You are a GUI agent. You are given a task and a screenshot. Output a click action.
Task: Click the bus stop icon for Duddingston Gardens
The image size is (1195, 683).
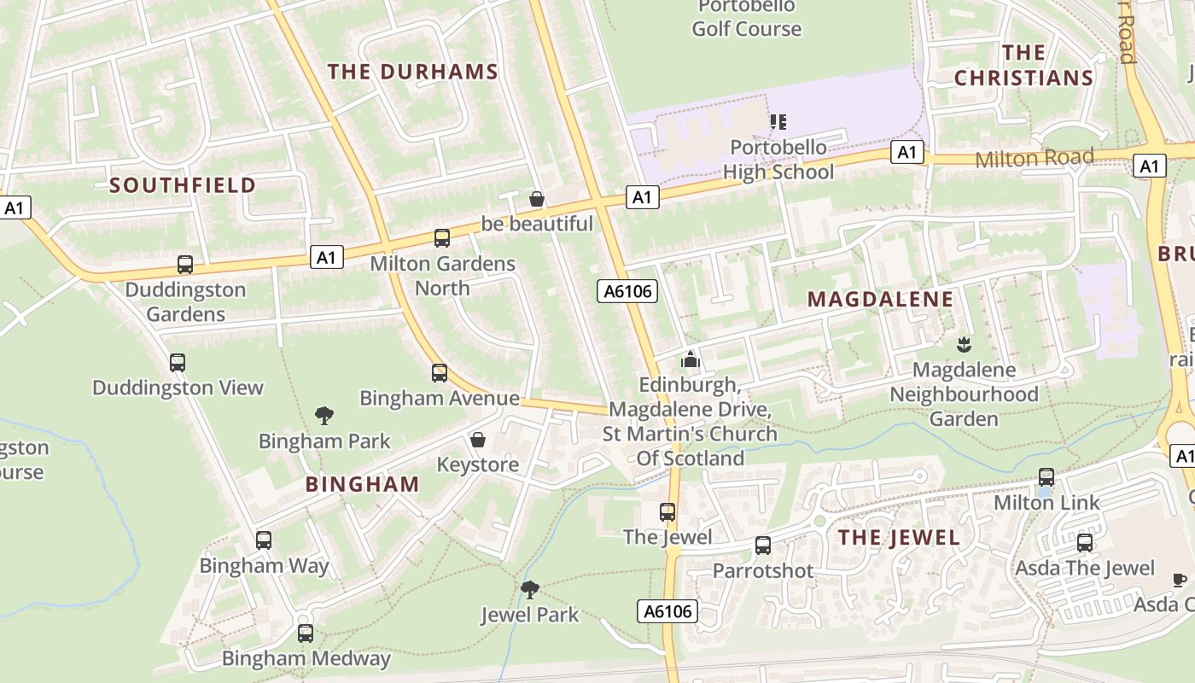tap(185, 265)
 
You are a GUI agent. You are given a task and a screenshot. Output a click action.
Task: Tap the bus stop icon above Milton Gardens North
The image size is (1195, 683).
tap(442, 238)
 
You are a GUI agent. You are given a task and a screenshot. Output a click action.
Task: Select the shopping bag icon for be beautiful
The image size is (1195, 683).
tap(537, 199)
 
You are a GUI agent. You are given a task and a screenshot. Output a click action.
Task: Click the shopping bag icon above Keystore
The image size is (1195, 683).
tap(478, 440)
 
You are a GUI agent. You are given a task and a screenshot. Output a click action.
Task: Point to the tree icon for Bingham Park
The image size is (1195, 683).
tap(324, 416)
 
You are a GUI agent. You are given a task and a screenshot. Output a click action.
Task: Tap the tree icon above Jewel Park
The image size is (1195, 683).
tap(530, 589)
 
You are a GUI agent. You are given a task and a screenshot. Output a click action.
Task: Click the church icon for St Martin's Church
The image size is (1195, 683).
tap(691, 359)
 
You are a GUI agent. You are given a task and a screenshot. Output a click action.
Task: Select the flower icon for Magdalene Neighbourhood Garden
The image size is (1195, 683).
tap(964, 345)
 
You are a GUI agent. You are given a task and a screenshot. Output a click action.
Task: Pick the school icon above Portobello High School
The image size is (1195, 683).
tap(778, 122)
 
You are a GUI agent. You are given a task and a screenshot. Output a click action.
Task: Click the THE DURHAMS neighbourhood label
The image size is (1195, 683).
tap(413, 72)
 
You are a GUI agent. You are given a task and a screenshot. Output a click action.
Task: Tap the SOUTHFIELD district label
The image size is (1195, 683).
tap(183, 185)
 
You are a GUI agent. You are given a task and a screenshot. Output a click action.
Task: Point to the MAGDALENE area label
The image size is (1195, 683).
tap(880, 299)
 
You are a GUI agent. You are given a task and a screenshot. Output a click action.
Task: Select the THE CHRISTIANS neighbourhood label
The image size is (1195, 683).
tap(1023, 66)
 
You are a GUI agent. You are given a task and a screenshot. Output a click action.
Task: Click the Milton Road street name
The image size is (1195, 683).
tap(1034, 158)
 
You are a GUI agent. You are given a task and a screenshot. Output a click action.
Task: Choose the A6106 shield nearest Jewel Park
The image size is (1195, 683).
tap(667, 611)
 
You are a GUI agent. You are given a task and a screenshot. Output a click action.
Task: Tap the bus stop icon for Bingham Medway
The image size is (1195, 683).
tap(306, 633)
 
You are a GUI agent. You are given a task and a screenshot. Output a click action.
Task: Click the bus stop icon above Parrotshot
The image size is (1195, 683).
tap(763, 546)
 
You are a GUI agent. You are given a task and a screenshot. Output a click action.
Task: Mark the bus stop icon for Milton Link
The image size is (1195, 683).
tap(1046, 477)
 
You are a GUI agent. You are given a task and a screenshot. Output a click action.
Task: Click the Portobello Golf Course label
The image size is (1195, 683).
tap(747, 18)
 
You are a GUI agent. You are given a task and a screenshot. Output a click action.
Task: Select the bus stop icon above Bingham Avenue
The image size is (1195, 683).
tap(440, 373)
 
